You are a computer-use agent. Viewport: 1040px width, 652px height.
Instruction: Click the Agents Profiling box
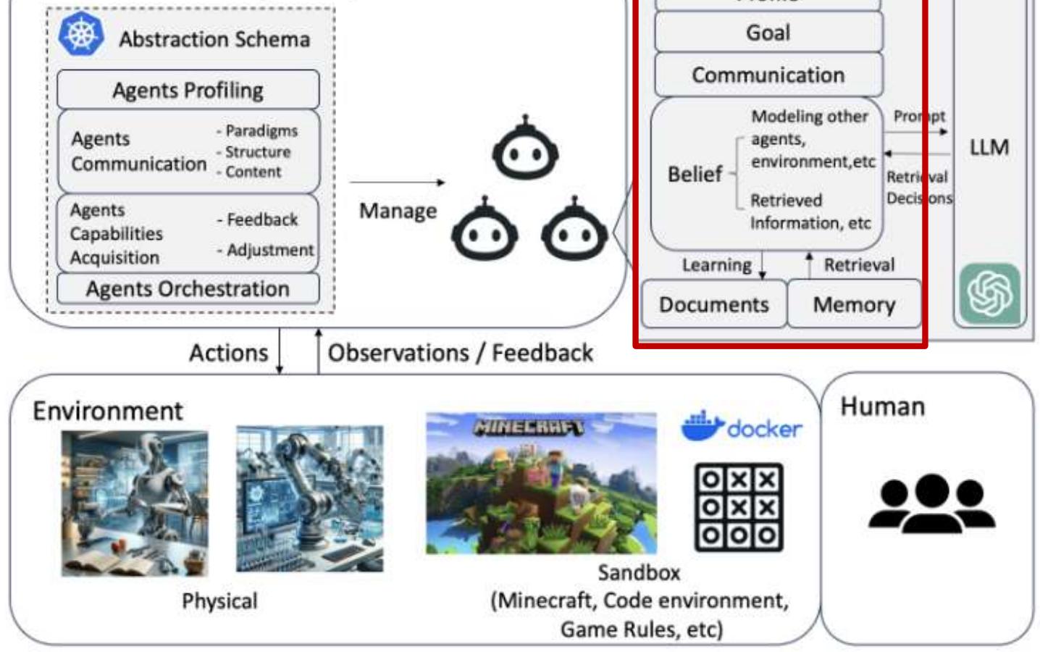click(x=188, y=90)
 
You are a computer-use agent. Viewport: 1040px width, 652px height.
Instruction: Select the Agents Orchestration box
click(x=188, y=288)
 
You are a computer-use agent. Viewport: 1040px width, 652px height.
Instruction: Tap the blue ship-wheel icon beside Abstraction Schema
click(x=80, y=33)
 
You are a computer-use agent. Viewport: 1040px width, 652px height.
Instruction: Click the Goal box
click(x=768, y=33)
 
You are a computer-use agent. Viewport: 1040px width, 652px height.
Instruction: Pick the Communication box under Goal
click(x=768, y=75)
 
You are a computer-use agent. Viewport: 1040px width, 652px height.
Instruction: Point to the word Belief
click(x=695, y=174)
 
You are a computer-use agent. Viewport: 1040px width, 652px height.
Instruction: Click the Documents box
click(x=713, y=304)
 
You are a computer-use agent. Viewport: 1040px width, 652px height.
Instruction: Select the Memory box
click(x=854, y=304)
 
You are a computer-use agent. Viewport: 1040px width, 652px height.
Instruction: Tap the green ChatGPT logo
click(x=989, y=293)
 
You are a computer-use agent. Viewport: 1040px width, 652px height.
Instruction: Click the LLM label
click(x=989, y=147)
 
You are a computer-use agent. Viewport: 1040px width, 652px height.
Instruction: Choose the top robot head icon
click(x=525, y=150)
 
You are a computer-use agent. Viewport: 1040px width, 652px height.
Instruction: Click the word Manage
click(x=398, y=211)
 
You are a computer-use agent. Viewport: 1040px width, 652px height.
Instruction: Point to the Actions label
click(x=228, y=353)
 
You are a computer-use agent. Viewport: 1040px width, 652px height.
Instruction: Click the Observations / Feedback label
click(x=460, y=353)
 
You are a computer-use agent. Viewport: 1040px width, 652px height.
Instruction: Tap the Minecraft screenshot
click(x=541, y=482)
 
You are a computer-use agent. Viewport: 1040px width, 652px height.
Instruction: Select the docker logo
click(x=741, y=427)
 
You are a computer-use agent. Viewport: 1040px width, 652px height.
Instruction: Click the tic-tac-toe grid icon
click(x=739, y=507)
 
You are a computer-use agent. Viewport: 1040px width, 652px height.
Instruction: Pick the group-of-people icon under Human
click(x=931, y=503)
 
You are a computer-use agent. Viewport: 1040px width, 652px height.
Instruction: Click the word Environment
click(x=107, y=411)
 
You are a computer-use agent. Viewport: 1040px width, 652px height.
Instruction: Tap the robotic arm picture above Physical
click(x=309, y=498)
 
